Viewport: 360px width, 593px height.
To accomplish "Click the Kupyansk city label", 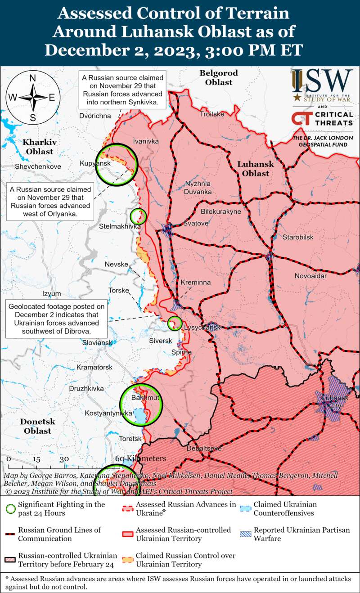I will tap(95, 163).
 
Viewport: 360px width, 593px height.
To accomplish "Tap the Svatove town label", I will tap(196, 223).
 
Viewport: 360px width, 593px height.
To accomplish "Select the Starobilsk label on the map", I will tap(298, 237).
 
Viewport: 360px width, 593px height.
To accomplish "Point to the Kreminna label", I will tap(196, 282).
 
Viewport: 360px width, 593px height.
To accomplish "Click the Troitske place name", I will tap(212, 114).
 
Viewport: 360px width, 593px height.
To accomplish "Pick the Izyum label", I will tap(51, 293).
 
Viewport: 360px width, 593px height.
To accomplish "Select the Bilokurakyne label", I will tap(221, 211).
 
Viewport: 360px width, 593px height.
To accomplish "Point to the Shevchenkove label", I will tap(38, 166).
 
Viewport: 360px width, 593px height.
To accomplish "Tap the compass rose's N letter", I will tap(32, 78).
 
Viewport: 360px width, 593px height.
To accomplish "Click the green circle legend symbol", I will tap(10, 509).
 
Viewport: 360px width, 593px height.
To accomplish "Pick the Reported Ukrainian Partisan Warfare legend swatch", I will tap(246, 535).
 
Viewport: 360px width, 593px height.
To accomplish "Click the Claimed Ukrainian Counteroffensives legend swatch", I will tap(246, 509).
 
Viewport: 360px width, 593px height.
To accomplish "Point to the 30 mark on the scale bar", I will tap(64, 459).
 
